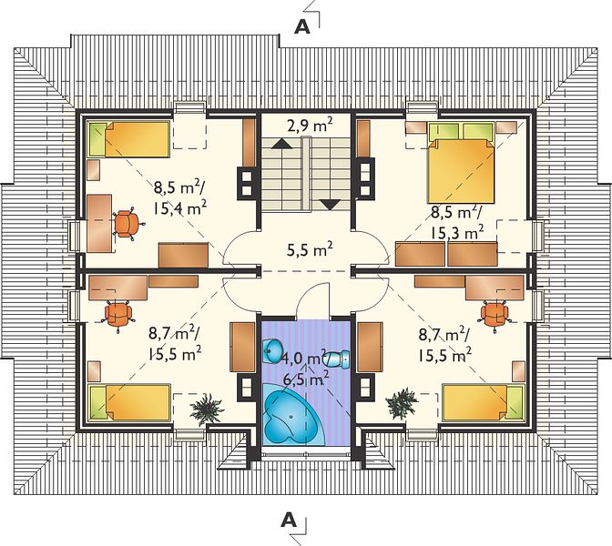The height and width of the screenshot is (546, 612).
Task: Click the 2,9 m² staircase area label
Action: coord(310,126)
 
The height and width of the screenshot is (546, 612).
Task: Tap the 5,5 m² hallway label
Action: coord(310,249)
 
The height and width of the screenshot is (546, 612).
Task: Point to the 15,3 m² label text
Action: coord(457,232)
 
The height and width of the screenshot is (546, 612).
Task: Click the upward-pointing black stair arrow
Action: coord(281,144)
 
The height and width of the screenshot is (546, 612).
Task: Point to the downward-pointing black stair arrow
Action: coord(331,205)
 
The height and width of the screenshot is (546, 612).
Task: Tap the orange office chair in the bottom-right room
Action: coord(495,313)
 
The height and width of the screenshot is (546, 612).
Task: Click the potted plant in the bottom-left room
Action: coord(206,409)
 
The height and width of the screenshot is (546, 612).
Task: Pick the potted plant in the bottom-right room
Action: coord(402,403)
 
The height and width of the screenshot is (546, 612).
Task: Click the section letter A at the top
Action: coord(302,27)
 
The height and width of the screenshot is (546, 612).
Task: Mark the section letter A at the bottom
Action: coord(289,520)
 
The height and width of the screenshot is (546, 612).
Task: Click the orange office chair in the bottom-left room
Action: coord(118,315)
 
